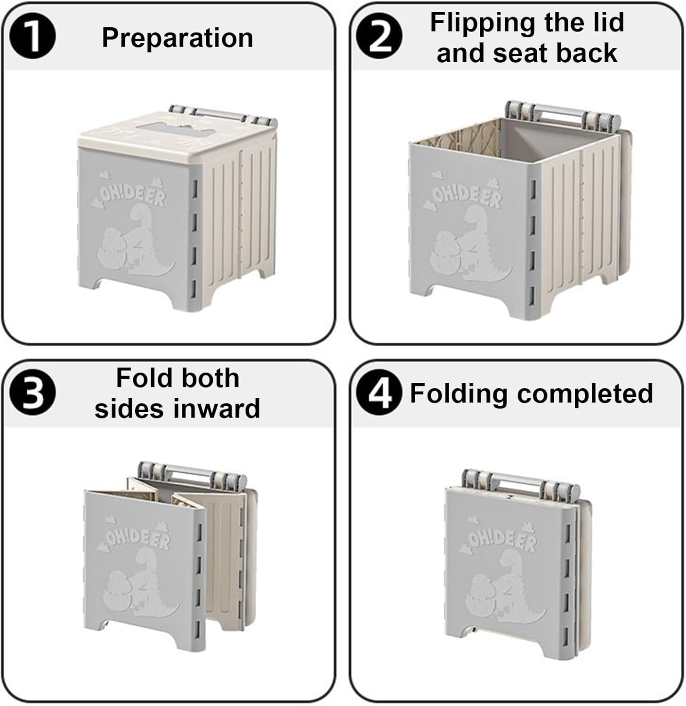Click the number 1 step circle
32,37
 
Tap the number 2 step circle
379,37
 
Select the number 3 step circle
32,393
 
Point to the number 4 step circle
379,393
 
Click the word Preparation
178,38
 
